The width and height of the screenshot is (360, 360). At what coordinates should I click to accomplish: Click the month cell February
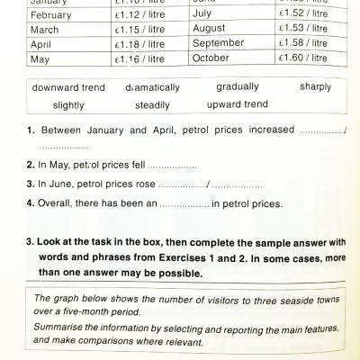pos(38,15)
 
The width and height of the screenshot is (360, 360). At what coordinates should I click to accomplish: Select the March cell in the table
pos(32,30)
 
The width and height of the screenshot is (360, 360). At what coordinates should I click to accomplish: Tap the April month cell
pos(30,44)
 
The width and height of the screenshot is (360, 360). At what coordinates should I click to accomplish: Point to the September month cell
pos(218,43)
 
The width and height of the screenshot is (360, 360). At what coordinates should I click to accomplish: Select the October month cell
pos(212,58)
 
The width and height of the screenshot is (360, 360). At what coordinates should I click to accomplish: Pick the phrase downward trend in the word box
pos(68,88)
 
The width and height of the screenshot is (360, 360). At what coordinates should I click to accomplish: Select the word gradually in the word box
pos(238,87)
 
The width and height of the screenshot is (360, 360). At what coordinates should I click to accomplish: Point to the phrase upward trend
pos(237,104)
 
